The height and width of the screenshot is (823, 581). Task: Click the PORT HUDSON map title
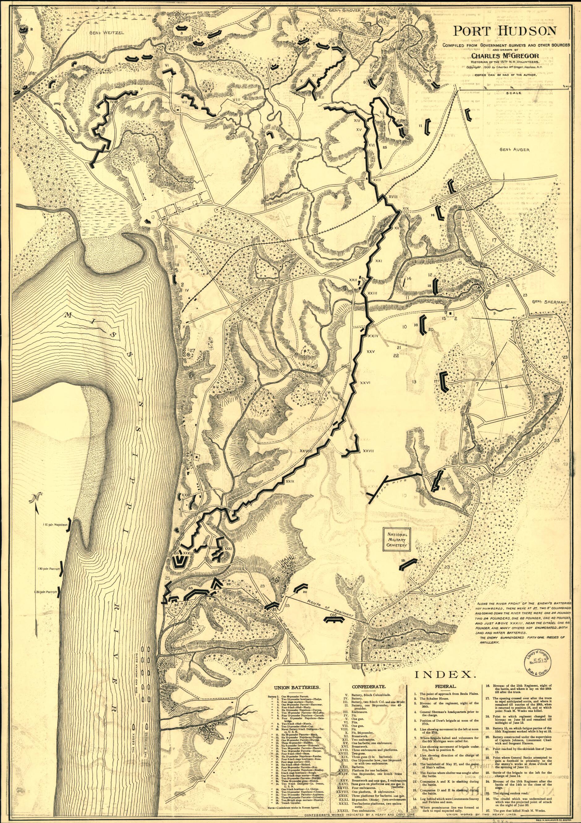click(505, 31)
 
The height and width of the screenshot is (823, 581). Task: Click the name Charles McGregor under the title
click(505, 56)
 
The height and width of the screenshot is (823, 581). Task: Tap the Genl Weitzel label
click(106, 32)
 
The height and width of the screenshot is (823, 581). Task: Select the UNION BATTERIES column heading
click(297, 687)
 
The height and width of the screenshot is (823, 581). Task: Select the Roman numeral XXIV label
click(373, 336)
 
